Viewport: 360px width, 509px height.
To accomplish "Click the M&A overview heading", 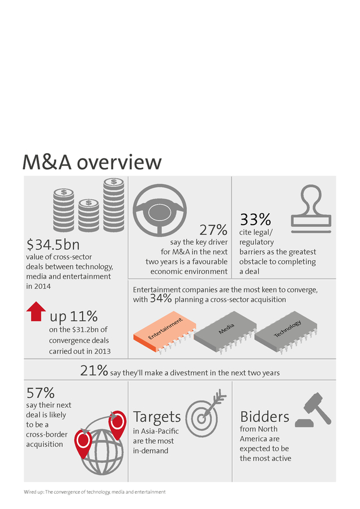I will pyautogui.click(x=92, y=162).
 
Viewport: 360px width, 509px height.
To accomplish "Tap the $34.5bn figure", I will pyautogui.click(x=53, y=245).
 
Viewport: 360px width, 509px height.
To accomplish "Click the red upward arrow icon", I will pyautogui.click(x=36, y=312).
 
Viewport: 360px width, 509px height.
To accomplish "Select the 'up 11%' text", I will pyautogui.click(x=74, y=317).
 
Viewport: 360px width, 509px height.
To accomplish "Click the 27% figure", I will pyautogui.click(x=213, y=230).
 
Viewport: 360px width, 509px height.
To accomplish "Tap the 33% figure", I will pyautogui.click(x=255, y=219).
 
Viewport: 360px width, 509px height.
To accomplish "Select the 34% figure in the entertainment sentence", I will pyautogui.click(x=160, y=299).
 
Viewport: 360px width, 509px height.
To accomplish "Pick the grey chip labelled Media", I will pyautogui.click(x=225, y=334).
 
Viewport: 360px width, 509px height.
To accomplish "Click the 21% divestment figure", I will pyautogui.click(x=94, y=371).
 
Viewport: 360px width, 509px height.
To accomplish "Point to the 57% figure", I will pyautogui.click(x=41, y=392).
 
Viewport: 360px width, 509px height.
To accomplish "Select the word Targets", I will pyautogui.click(x=157, y=417).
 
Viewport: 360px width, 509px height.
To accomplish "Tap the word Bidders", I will pyautogui.click(x=264, y=417).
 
